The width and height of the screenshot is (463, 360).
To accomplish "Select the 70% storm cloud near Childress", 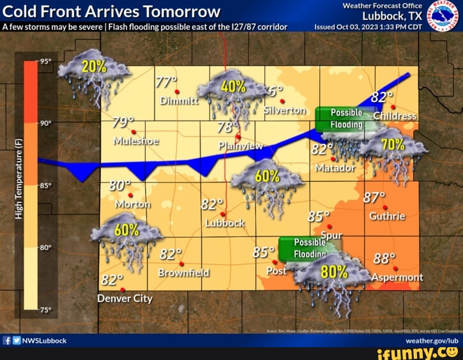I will (393, 148).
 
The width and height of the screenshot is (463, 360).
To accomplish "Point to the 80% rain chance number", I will (334, 271).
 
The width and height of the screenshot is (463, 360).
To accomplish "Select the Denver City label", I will (125, 298).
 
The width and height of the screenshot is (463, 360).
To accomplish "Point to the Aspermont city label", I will (397, 277).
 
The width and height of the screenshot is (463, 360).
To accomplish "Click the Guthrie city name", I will (387, 216).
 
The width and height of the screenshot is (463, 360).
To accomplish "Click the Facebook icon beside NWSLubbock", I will (7, 340).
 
